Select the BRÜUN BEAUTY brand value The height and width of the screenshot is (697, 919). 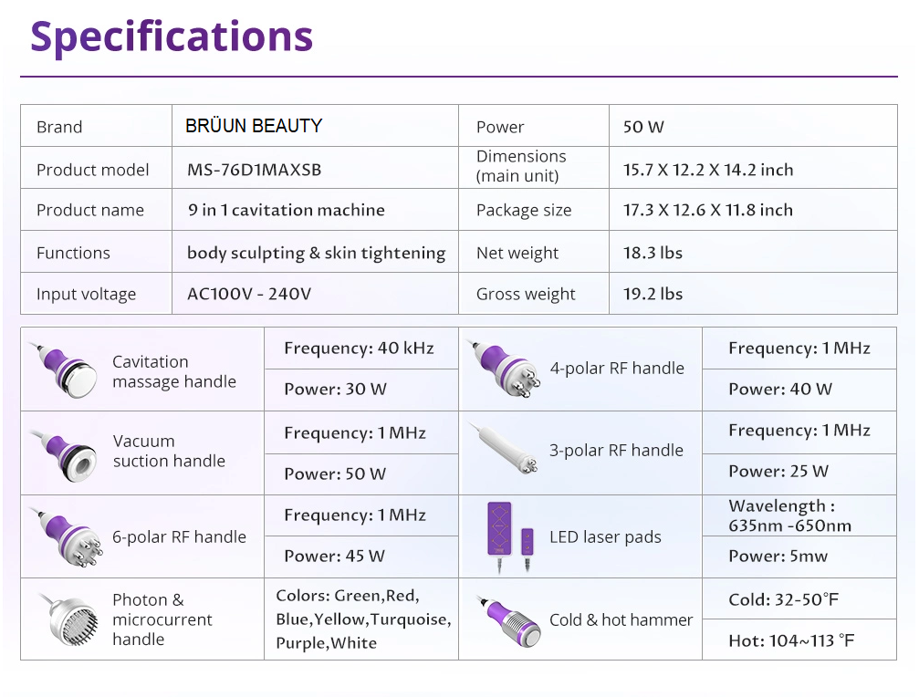254,126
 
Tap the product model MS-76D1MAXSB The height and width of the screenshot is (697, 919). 255,170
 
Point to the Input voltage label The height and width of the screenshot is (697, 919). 86,294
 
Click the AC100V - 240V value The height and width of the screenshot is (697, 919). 249,294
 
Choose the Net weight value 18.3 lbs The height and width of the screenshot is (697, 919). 653,253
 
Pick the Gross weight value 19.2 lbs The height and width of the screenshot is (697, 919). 653,294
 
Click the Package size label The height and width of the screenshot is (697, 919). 524,210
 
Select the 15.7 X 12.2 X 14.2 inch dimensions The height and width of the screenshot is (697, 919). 708,170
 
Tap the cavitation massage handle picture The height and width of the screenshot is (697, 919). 67,370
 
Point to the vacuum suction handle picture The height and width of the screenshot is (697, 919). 67,454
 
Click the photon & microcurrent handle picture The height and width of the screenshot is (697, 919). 69,619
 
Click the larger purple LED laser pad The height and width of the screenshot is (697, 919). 499,528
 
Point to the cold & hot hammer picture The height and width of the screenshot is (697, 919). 509,621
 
